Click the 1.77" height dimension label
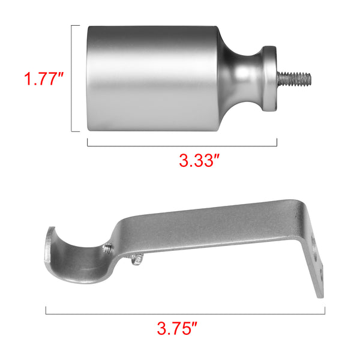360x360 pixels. pos(43,79)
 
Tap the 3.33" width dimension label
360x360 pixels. pos(199,160)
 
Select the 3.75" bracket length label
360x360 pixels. pos(177,329)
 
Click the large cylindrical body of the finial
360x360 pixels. pos(152,79)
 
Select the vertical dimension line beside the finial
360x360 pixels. pos(71,79)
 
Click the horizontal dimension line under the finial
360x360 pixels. pos(182,146)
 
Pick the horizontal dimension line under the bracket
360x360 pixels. pos(185,314)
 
